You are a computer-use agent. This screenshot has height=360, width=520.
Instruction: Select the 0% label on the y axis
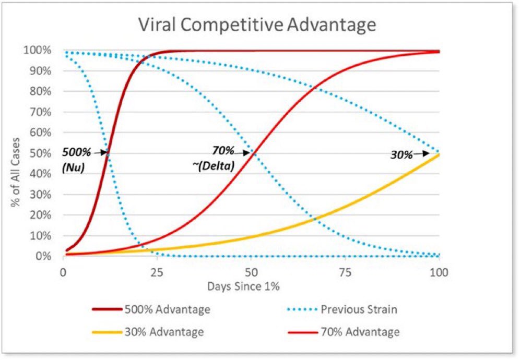(x=44, y=256)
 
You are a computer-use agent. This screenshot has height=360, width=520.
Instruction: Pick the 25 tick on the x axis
(x=157, y=271)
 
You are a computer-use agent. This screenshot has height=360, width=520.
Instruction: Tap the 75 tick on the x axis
(x=345, y=271)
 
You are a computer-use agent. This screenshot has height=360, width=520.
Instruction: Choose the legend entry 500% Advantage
(x=168, y=309)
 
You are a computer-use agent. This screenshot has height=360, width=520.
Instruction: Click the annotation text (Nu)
(x=73, y=167)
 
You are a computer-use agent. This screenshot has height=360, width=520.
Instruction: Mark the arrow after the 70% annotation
(x=243, y=153)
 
